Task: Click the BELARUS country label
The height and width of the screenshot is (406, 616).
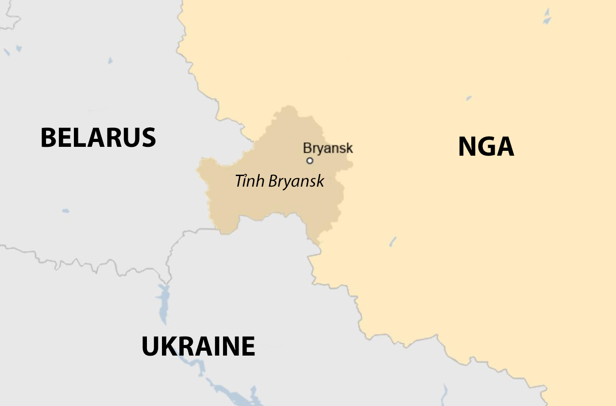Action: click(x=98, y=138)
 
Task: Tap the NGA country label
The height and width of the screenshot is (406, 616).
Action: click(x=485, y=147)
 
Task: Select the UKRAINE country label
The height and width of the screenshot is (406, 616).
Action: click(x=198, y=346)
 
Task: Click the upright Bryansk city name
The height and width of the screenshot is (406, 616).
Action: click(x=328, y=148)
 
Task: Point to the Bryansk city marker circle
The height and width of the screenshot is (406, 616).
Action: click(x=310, y=161)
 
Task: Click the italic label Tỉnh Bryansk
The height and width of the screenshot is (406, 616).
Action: click(x=279, y=181)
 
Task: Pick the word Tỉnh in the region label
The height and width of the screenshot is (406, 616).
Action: click(x=250, y=181)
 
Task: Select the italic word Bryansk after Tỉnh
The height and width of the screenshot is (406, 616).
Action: click(x=296, y=181)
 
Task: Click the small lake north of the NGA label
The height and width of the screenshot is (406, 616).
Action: click(x=469, y=98)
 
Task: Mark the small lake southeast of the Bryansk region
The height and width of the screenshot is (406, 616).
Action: click(x=393, y=241)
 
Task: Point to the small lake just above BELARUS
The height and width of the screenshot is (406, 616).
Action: click(x=110, y=61)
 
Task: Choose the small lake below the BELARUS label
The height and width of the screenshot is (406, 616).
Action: click(x=65, y=211)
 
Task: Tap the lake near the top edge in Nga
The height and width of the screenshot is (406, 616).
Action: click(x=547, y=18)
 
